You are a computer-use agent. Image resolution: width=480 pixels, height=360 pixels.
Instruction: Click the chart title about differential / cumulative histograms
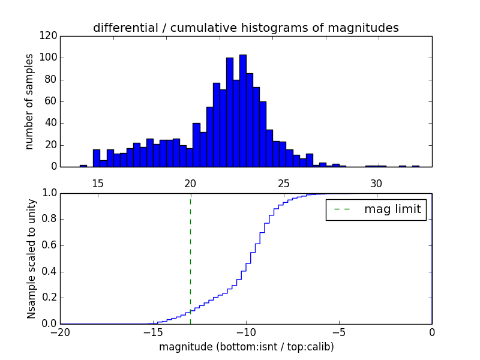point(245,28)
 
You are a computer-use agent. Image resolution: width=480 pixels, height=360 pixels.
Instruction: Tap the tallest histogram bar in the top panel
point(243,111)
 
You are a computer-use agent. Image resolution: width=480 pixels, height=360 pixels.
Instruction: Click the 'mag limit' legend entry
point(376,210)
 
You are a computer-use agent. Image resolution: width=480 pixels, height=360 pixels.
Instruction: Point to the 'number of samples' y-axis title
point(29,102)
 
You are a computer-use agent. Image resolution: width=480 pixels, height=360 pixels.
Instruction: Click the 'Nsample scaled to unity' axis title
point(31,259)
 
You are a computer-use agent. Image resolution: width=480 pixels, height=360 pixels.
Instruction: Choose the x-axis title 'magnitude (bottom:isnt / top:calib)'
point(246,347)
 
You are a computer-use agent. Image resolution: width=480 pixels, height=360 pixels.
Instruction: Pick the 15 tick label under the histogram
point(97,184)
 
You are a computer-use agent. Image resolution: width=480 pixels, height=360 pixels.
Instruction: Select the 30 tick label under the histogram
point(376,184)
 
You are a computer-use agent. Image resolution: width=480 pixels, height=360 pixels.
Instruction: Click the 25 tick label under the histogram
point(283,184)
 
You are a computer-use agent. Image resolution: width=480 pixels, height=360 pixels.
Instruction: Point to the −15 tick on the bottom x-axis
point(152,332)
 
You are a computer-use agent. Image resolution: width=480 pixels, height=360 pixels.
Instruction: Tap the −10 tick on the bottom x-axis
point(245,332)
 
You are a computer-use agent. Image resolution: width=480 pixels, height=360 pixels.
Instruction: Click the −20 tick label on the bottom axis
point(60,332)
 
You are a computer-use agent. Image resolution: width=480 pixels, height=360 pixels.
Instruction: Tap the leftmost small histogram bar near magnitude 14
point(83,166)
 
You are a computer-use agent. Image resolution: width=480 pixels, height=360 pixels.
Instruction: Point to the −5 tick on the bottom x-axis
point(338,332)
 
